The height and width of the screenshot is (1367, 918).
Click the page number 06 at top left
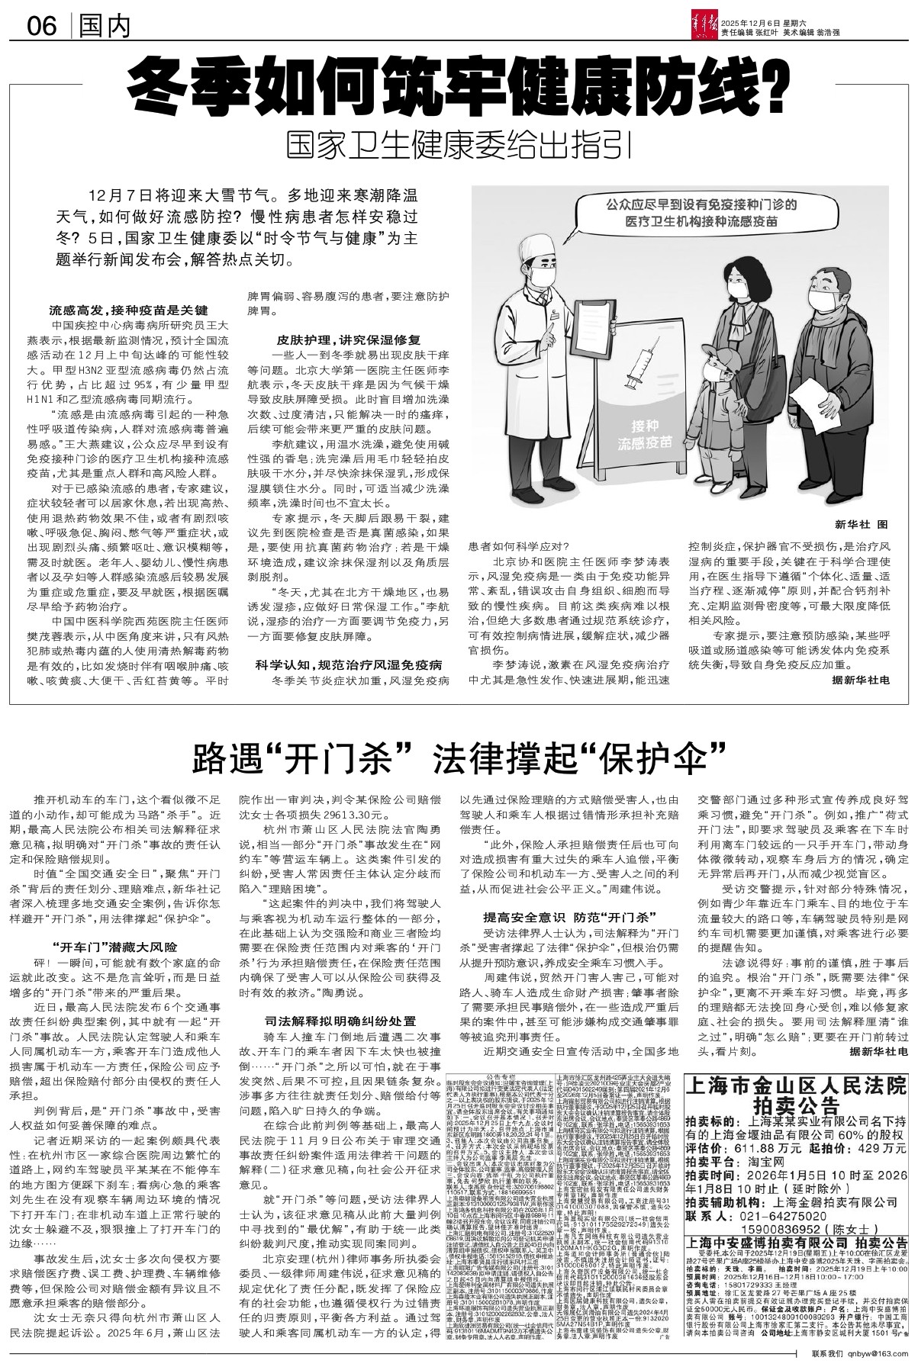42,28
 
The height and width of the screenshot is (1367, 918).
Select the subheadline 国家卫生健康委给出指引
458,144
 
